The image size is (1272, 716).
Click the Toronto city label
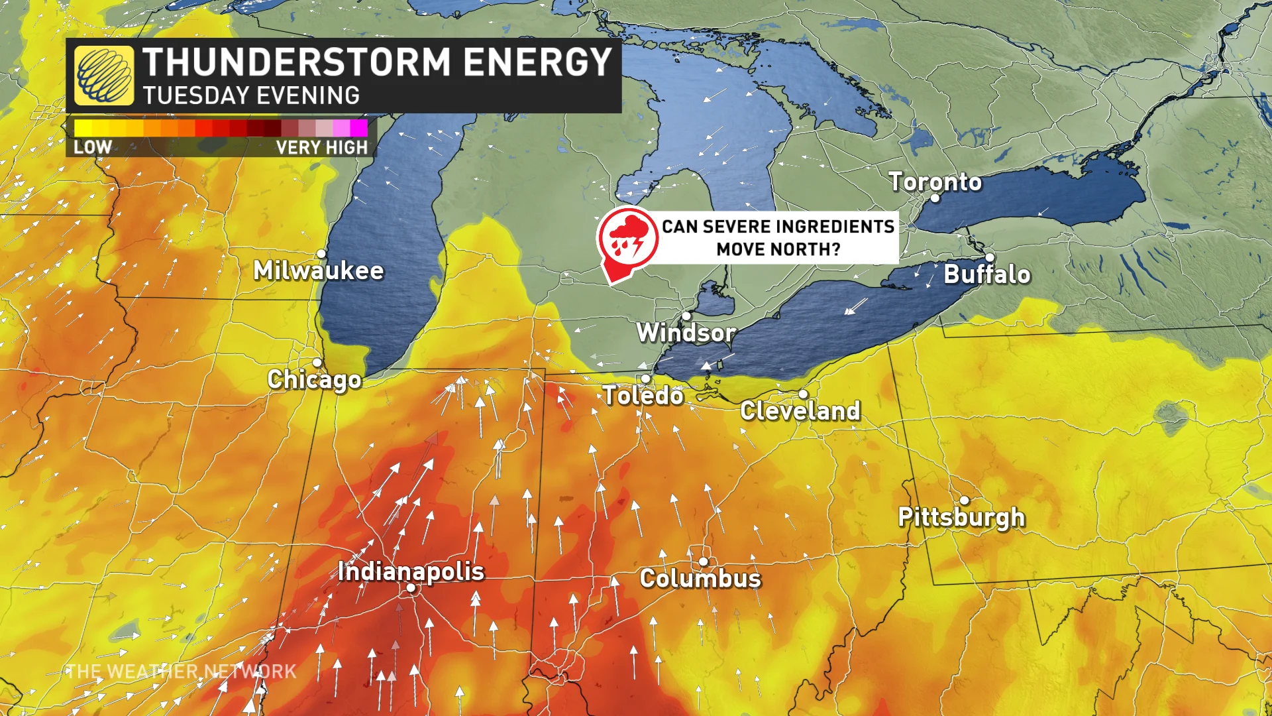click(x=935, y=181)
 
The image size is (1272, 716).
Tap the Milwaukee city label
click(x=318, y=270)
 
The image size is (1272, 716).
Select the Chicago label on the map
click(x=314, y=379)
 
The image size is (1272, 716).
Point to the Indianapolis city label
click(x=411, y=571)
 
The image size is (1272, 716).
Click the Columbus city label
click(x=700, y=578)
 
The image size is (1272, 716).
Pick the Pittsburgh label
click(x=961, y=516)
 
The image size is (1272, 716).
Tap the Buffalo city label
click(x=987, y=274)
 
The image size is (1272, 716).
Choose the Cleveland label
click(x=800, y=410)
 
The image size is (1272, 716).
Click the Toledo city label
click(x=643, y=395)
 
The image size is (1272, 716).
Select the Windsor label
click(x=686, y=332)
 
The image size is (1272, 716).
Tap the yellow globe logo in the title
click(x=104, y=76)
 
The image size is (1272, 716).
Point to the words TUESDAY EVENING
click(x=251, y=96)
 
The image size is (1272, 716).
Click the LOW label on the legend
click(x=93, y=147)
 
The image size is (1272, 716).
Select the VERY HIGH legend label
click(x=321, y=147)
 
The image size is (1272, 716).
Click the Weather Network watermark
click(x=181, y=672)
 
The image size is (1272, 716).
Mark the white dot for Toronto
click(x=935, y=198)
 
